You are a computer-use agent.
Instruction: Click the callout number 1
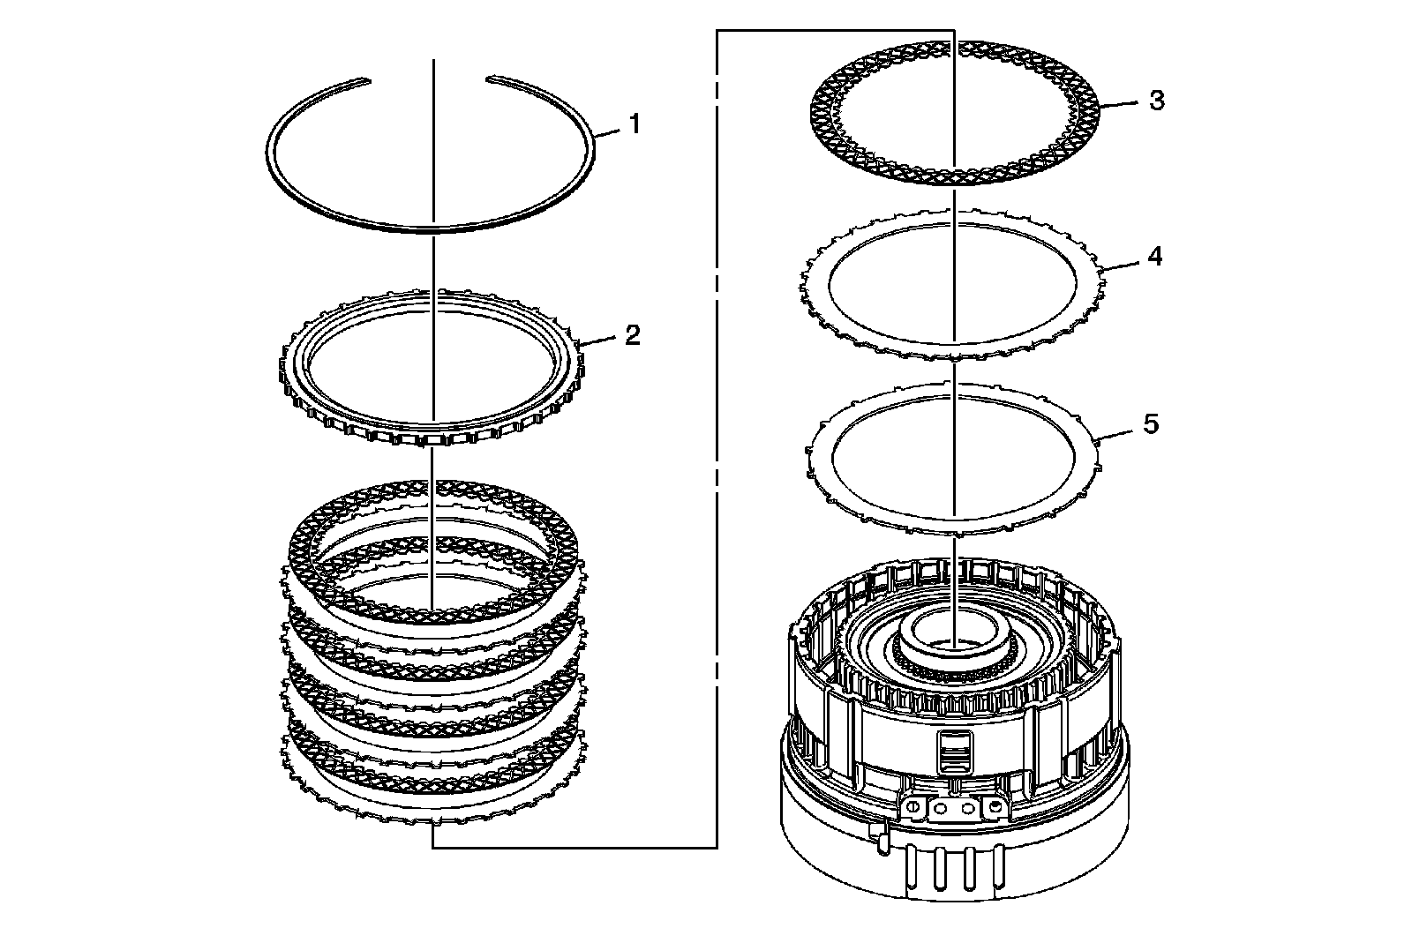633,125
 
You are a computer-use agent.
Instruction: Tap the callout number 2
632,335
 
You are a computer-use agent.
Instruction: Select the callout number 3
1156,101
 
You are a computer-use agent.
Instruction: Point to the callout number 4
1154,257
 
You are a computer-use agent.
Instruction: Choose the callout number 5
1151,423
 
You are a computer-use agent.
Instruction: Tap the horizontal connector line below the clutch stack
574,848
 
